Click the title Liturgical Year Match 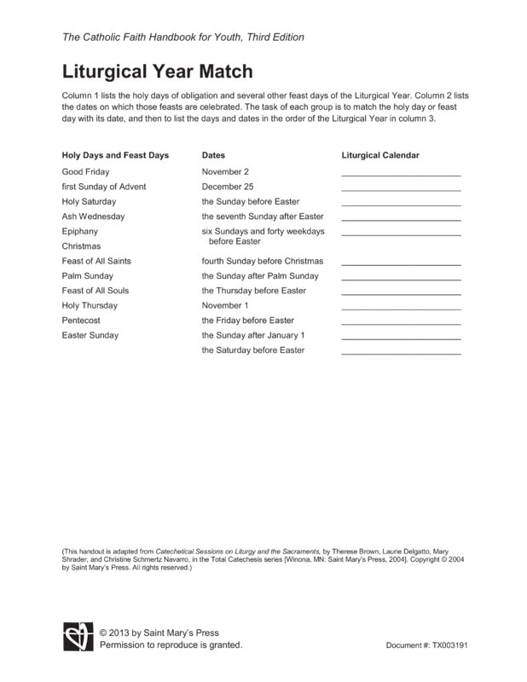158,71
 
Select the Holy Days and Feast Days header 115,156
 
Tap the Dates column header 213,156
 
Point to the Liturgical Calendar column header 379,156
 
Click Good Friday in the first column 85,171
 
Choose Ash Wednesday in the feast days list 93,217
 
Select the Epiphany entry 80,231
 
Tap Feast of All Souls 96,291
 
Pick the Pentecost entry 82,321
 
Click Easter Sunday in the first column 90,335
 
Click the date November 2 225,171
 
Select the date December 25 228,187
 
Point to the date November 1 225,305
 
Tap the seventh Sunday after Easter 263,217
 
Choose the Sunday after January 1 252,335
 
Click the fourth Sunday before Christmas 262,261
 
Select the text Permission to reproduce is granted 171,645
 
